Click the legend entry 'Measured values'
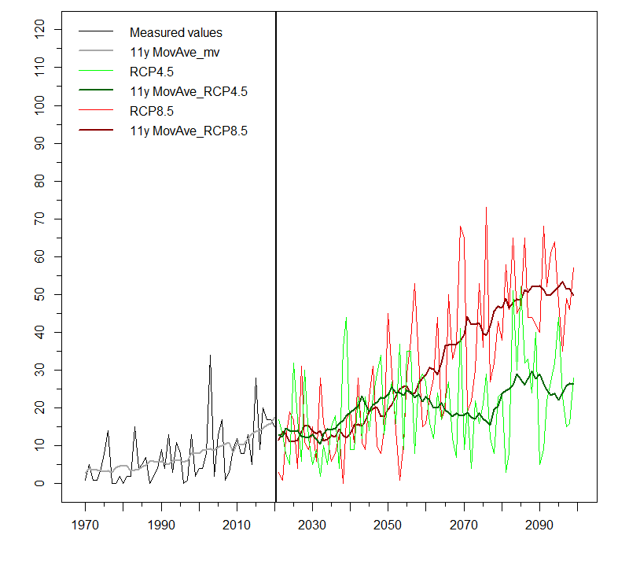(176, 33)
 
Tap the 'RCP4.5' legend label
(152, 72)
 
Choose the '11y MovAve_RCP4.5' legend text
(189, 92)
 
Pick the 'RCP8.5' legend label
(152, 111)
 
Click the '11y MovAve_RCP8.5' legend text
(189, 131)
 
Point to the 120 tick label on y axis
(39, 30)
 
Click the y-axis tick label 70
(39, 219)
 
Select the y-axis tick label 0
(39, 483)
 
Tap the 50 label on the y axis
(39, 294)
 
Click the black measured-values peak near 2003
(210, 356)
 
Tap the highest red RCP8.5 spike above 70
(486, 208)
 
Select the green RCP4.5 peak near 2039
(346, 318)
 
